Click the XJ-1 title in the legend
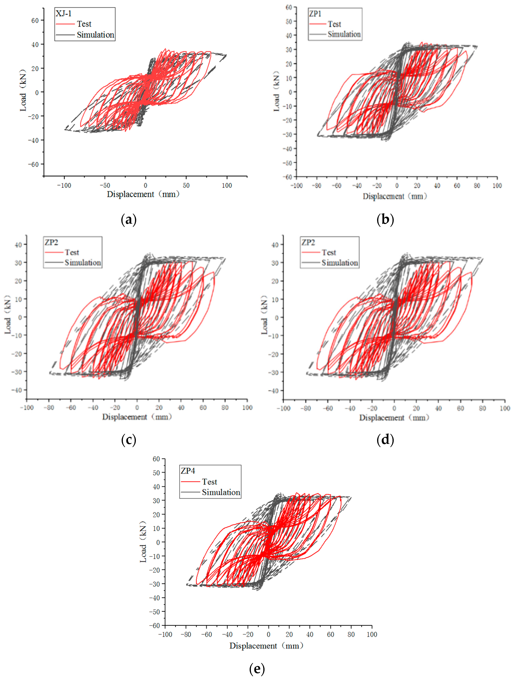point(63,14)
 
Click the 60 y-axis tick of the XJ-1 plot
point(35,21)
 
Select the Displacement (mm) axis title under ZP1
point(395,196)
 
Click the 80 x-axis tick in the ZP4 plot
point(351,635)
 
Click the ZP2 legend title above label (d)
point(308,242)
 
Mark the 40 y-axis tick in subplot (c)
point(18,245)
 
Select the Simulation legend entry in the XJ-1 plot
point(95,35)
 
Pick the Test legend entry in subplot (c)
point(72,252)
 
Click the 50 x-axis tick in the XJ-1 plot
point(186,185)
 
